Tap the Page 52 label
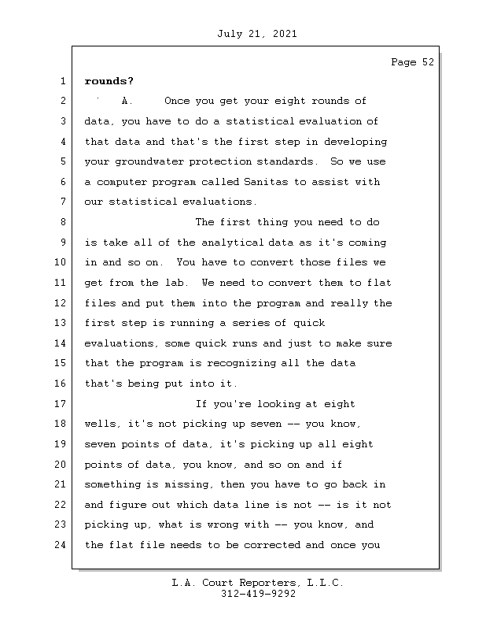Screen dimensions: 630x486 [412, 63]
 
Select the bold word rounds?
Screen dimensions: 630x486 [109, 81]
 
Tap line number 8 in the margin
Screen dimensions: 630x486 [61, 223]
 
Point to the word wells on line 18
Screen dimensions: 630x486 [101, 424]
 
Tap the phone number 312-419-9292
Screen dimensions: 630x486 [258, 595]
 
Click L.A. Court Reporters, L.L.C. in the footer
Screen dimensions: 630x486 [258, 583]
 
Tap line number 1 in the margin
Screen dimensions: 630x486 [61, 81]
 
